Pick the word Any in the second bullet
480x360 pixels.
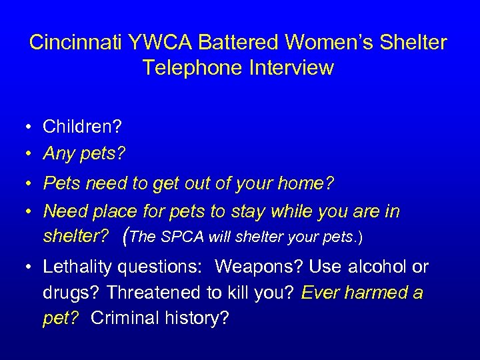coord(58,154)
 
